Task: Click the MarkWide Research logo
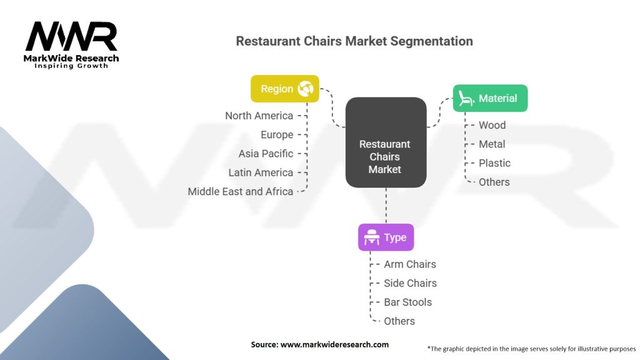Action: (x=71, y=45)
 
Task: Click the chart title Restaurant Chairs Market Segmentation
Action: (x=354, y=41)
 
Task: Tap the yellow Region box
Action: (x=285, y=89)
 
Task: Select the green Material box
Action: (x=490, y=98)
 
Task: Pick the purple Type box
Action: (x=386, y=237)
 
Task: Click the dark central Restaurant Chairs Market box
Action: (x=386, y=142)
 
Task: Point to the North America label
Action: (x=259, y=116)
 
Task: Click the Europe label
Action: (x=277, y=135)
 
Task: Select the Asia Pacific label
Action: (x=266, y=154)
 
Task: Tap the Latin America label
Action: (x=261, y=172)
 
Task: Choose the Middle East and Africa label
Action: (x=241, y=191)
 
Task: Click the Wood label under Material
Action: (x=492, y=125)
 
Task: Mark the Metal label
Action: (x=492, y=144)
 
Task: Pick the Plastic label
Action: (x=495, y=163)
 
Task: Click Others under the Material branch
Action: (x=494, y=182)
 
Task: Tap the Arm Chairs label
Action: (x=410, y=264)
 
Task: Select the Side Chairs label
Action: (x=410, y=283)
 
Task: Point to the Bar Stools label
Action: (x=407, y=302)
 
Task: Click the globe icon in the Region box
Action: (x=305, y=89)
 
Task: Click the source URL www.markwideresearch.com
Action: (x=334, y=344)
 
